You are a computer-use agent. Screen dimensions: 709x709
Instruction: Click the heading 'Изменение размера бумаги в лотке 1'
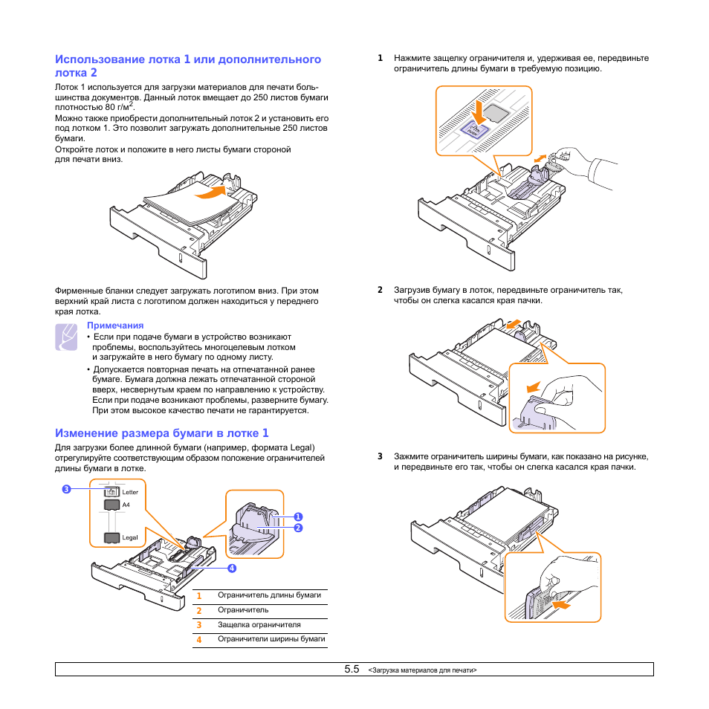tap(162, 433)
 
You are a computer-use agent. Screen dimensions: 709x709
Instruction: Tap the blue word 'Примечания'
tap(115, 326)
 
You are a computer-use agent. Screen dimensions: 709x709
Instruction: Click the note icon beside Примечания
tap(66, 337)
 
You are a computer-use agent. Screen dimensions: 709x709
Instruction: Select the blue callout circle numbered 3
tap(66, 489)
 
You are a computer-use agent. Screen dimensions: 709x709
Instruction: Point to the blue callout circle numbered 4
tap(232, 569)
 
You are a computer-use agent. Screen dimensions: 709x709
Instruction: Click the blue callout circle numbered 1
tap(297, 517)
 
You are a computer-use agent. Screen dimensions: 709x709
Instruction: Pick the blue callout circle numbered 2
tap(297, 528)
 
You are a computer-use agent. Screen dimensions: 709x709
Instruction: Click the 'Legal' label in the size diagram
tap(130, 537)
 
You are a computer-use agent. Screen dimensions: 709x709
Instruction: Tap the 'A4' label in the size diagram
tap(126, 505)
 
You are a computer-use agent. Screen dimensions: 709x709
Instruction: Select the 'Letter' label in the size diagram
tap(130, 492)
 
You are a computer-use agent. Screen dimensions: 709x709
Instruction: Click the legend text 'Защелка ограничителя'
tap(259, 625)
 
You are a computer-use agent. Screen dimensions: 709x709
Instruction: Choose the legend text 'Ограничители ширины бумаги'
tap(271, 639)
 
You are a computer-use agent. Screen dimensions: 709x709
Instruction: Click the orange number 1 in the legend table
tap(199, 596)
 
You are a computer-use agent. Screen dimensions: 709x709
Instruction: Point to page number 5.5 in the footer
tap(352, 670)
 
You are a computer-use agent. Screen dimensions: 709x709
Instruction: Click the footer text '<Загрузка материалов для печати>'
tap(422, 670)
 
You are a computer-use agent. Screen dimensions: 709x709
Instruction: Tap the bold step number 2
tap(380, 290)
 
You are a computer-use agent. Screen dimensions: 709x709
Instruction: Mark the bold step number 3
tap(380, 456)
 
